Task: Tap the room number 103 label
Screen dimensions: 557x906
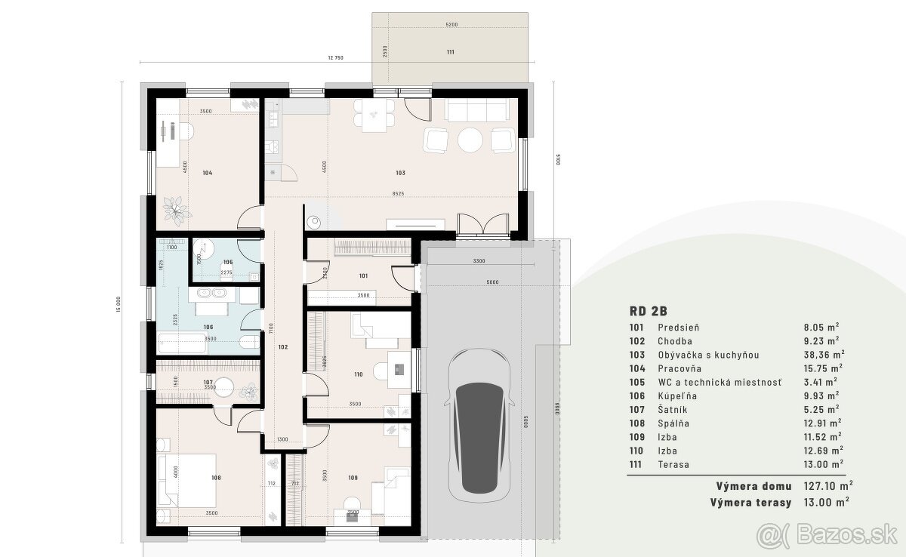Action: pos(400,173)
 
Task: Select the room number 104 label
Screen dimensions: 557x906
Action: pos(207,173)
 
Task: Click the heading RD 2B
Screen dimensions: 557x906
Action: pos(647,310)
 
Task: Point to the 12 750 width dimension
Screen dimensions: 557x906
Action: pos(336,58)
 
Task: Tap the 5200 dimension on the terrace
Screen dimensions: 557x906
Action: pos(451,25)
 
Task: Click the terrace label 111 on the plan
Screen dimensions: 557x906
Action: pos(451,52)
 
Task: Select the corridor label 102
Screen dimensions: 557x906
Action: pos(282,347)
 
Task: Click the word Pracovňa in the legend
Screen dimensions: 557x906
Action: pos(679,368)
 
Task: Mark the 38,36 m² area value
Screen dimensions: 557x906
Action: pos(823,355)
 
